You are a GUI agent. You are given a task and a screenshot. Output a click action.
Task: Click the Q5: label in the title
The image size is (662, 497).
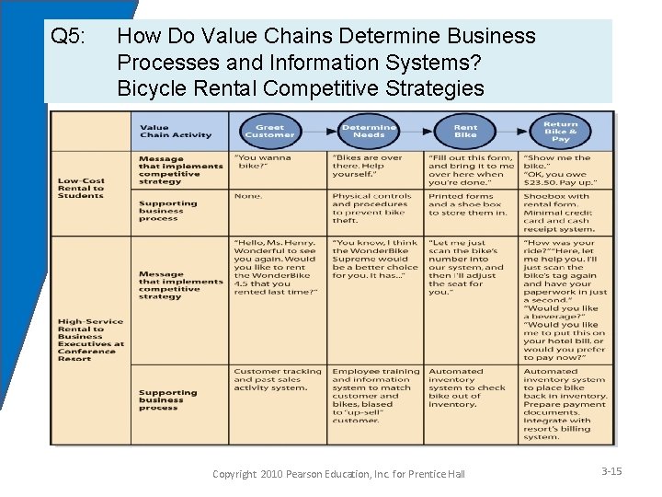pyautogui.click(x=68, y=37)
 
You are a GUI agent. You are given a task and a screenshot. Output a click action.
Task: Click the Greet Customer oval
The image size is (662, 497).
pyautogui.click(x=269, y=131)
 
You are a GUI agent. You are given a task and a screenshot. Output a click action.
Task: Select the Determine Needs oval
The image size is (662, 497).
pyautogui.click(x=369, y=131)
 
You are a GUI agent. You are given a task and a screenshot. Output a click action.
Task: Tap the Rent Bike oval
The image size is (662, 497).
pyautogui.click(x=465, y=131)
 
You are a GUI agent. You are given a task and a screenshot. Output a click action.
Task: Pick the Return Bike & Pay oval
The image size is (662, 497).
pyautogui.click(x=560, y=131)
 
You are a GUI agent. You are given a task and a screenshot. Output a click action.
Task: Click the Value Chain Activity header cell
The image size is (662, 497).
pyautogui.click(x=175, y=132)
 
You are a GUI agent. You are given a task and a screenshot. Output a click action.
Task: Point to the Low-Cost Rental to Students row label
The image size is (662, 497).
pyautogui.click(x=81, y=188)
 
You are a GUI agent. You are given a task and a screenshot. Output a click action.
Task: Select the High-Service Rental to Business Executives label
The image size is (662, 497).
pyautogui.click(x=89, y=340)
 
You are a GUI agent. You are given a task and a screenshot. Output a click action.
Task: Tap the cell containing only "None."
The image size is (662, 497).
pyautogui.click(x=248, y=196)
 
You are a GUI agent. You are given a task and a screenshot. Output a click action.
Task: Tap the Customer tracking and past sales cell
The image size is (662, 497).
pyautogui.click(x=277, y=379)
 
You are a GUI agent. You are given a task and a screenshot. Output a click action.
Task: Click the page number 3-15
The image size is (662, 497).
pyautogui.click(x=611, y=471)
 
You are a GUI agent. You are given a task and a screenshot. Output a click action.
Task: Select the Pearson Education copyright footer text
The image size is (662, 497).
pyautogui.click(x=338, y=474)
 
